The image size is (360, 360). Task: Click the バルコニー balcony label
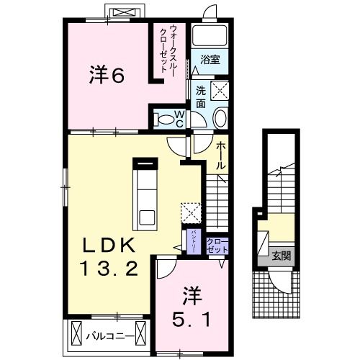click(x=109, y=336)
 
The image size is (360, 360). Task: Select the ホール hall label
click(x=221, y=155)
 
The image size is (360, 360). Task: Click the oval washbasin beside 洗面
click(x=220, y=119)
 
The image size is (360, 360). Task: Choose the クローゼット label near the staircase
click(x=217, y=245)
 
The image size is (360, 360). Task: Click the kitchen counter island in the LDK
click(x=148, y=191)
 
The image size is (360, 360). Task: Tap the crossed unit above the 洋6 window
click(x=120, y=12)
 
